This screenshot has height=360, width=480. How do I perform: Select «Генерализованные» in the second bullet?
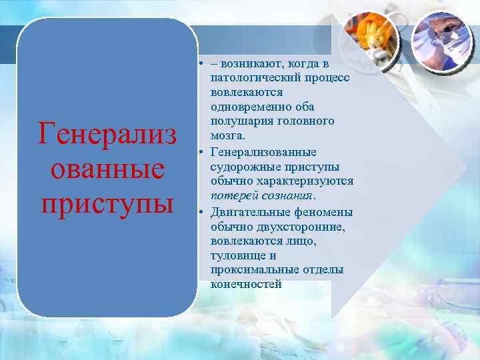263,152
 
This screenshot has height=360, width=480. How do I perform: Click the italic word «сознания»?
287,195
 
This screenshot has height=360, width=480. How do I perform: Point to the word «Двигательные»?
250,212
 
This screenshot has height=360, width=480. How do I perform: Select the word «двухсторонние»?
292,227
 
